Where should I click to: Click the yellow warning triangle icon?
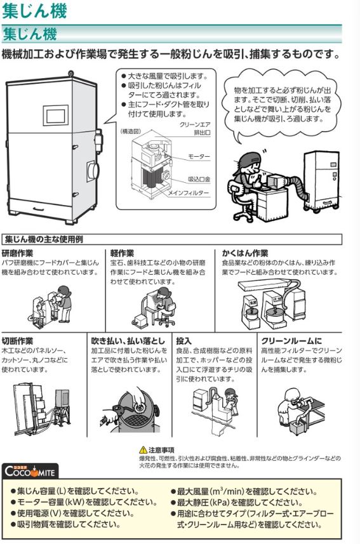[x=143, y=449]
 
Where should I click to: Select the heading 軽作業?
[x=122, y=252]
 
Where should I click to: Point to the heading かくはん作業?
[x=244, y=252]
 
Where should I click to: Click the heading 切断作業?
[x=18, y=340]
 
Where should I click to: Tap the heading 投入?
[x=183, y=340]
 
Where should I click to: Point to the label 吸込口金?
[x=200, y=180]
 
